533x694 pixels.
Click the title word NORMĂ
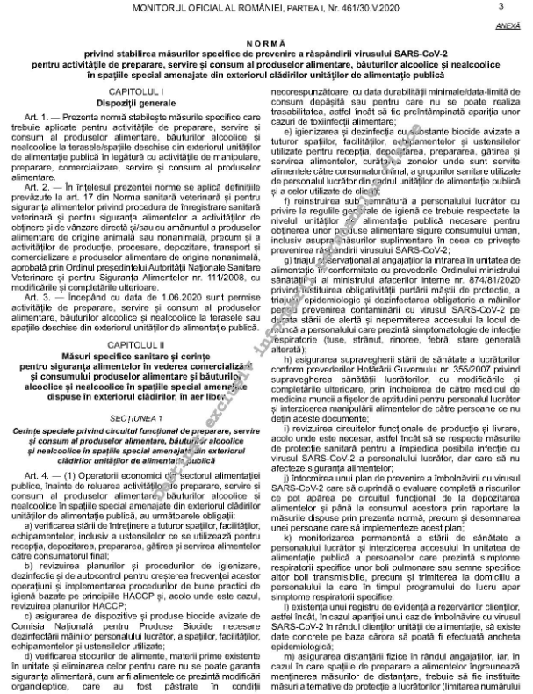point(266,42)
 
